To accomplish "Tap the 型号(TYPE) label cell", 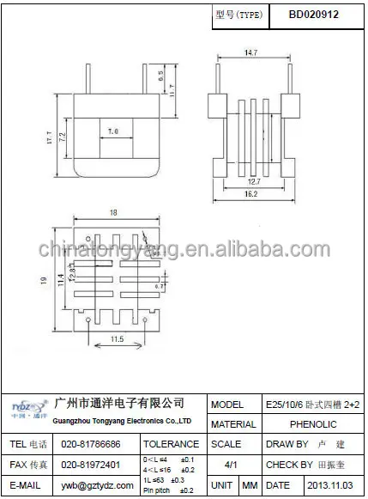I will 237,15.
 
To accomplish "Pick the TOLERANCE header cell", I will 171,445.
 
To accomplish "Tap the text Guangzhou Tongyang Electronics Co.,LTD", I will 122,422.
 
